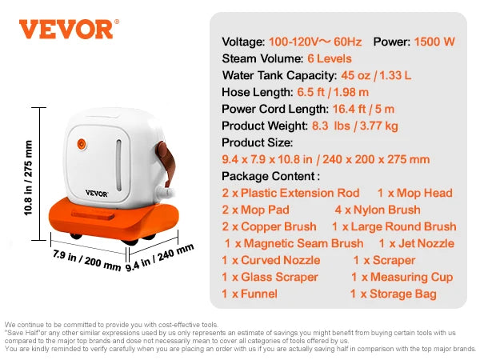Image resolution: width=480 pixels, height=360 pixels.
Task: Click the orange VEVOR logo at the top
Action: click(66, 29)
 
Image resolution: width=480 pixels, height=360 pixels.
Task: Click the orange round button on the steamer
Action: click(80, 146)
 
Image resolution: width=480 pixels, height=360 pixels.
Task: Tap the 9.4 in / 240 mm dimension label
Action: click(160, 258)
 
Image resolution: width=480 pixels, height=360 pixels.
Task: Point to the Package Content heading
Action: click(270, 176)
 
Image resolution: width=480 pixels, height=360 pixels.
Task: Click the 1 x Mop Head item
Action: click(414, 193)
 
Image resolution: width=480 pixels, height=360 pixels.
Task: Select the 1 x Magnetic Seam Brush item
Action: click(294, 243)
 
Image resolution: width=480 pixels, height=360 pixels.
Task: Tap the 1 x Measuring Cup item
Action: click(402, 277)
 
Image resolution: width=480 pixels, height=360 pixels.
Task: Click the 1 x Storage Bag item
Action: click(393, 294)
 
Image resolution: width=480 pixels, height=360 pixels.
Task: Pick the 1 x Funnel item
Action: click(250, 294)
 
